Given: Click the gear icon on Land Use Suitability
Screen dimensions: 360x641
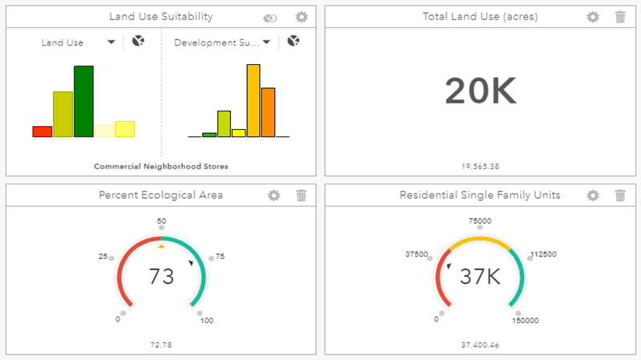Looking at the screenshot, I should pyautogui.click(x=301, y=17).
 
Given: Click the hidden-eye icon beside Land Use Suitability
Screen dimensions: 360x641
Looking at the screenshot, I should pyautogui.click(x=271, y=18).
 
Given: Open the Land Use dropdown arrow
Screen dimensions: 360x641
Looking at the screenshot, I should pyautogui.click(x=111, y=42).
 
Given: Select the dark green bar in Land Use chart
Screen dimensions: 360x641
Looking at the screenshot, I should pyautogui.click(x=83, y=101).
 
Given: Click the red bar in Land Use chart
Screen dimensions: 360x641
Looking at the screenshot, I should pyautogui.click(x=42, y=131).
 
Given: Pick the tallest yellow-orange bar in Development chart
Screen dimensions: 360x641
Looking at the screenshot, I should pyautogui.click(x=253, y=100).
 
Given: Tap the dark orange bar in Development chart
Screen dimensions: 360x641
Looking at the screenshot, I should pyautogui.click(x=268, y=112).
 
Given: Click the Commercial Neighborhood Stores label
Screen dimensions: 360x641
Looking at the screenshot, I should pyautogui.click(x=160, y=167).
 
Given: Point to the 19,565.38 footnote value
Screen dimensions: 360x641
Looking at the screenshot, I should pyautogui.click(x=481, y=167).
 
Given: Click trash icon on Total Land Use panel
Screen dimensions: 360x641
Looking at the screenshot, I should pyautogui.click(x=620, y=17).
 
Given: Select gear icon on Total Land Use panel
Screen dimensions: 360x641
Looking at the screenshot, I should pyautogui.click(x=593, y=17).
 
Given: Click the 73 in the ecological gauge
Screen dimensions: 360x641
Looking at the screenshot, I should pyautogui.click(x=161, y=277).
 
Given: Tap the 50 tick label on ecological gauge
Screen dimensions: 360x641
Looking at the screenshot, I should pyautogui.click(x=161, y=220).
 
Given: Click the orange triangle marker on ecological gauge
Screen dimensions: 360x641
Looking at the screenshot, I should pyautogui.click(x=161, y=246).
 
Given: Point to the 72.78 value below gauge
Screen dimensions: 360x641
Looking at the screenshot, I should pyautogui.click(x=160, y=345).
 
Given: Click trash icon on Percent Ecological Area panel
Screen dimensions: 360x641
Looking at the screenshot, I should pyautogui.click(x=301, y=195).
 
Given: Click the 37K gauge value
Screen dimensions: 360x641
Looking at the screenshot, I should pyautogui.click(x=480, y=277).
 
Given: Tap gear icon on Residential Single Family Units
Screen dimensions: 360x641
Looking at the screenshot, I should pyautogui.click(x=593, y=195).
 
